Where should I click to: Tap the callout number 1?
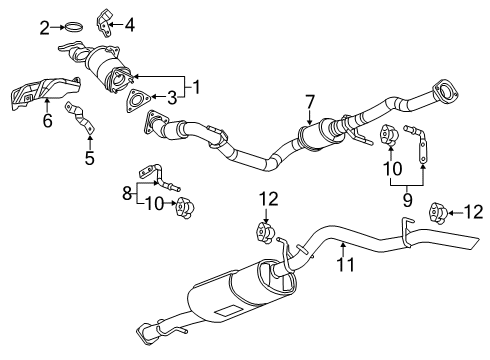coord(197,86)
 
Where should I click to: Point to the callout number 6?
coord(46,122)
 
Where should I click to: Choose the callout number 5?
coord(88,157)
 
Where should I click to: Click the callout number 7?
coord(310,100)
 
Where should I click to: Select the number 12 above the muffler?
coord(266,200)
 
